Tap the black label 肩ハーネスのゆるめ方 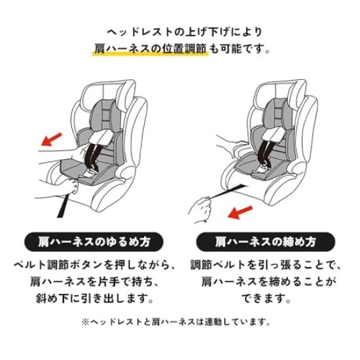point(90,240)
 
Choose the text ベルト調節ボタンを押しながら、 point(94,266)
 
